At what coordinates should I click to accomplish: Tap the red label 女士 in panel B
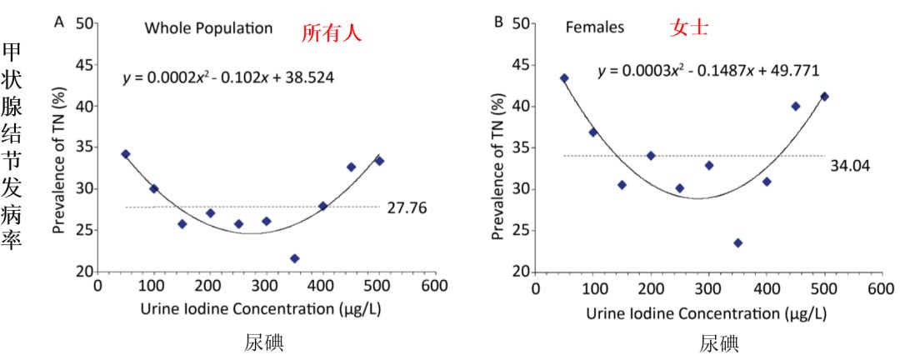tap(689, 28)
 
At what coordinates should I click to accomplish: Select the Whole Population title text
tap(208, 28)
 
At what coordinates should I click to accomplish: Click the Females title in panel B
tap(594, 27)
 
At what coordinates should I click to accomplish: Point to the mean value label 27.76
tap(407, 207)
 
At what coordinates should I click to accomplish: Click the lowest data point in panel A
tap(294, 258)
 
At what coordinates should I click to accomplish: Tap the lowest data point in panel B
tap(737, 242)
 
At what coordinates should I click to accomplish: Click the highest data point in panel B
tap(564, 78)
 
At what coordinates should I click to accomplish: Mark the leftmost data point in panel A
tap(126, 154)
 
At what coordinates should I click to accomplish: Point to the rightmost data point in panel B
tap(824, 96)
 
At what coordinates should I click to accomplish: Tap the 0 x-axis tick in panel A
tap(97, 286)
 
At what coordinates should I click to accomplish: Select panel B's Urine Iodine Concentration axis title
tap(706, 314)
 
